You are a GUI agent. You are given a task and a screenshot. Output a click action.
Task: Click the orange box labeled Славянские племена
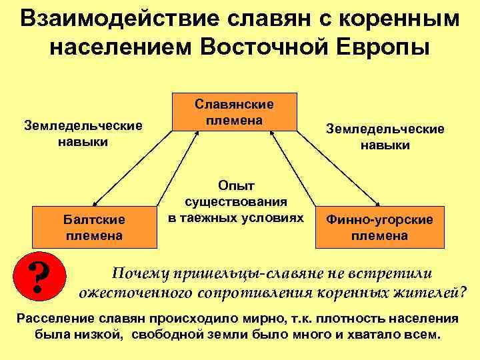tap(234, 111)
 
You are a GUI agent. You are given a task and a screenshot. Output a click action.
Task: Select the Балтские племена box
tap(93, 227)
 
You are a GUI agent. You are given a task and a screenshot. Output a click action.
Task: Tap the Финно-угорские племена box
tap(379, 227)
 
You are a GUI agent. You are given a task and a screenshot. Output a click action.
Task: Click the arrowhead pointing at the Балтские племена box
tap(95, 205)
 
